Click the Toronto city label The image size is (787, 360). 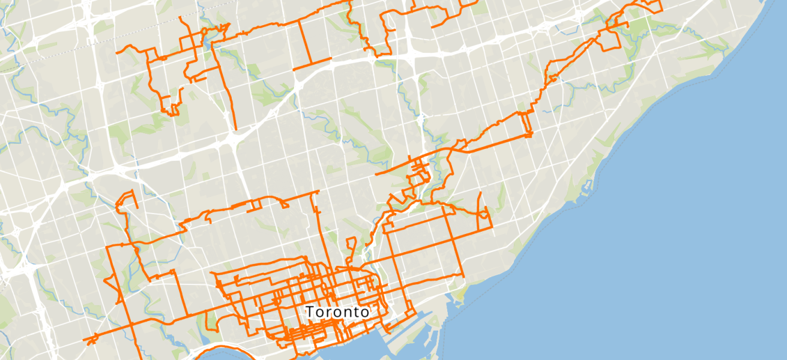337,312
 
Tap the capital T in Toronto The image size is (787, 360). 310,312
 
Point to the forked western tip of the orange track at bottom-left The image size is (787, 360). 88,341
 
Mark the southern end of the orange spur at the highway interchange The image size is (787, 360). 235,128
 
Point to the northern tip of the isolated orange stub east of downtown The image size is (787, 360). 480,193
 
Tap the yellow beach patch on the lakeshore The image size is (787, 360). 459,294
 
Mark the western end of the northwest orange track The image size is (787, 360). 118,52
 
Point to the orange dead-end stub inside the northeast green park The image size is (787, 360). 627,26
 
